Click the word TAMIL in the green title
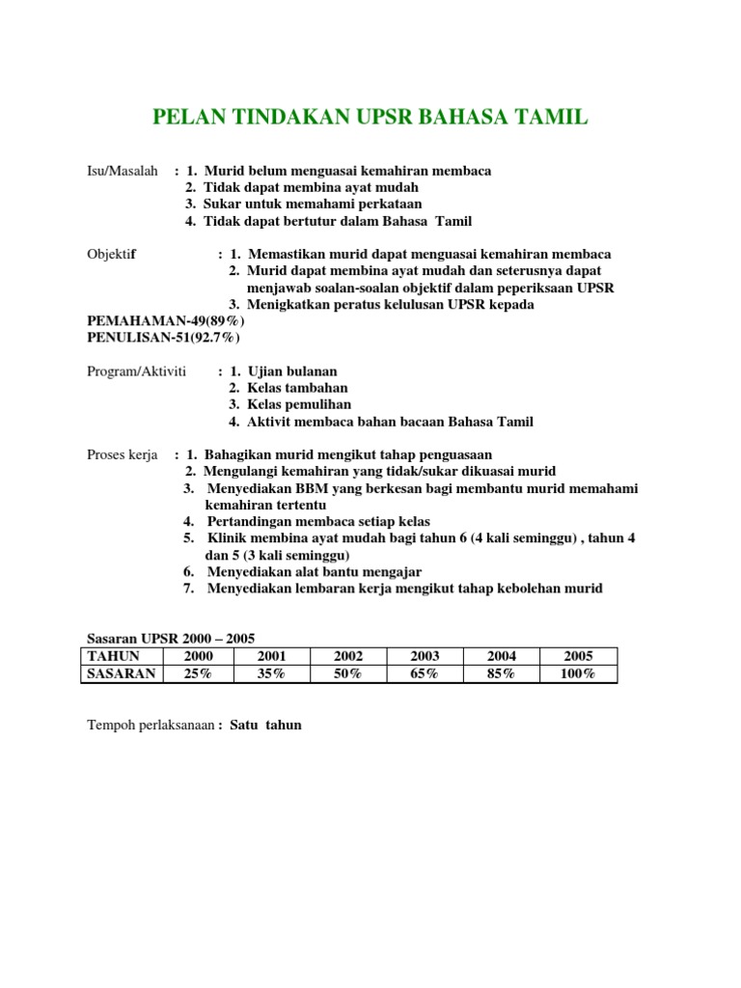[x=550, y=118]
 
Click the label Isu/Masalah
[x=122, y=171]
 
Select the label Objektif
[x=112, y=254]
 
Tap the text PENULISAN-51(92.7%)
[x=164, y=338]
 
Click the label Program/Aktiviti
[x=137, y=371]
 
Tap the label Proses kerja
[x=122, y=454]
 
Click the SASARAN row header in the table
[x=121, y=673]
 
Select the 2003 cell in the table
[x=425, y=656]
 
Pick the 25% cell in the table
[x=198, y=673]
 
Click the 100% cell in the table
[x=577, y=673]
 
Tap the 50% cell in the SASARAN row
[x=348, y=673]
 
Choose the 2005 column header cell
[x=577, y=656]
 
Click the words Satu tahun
[x=265, y=725]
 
